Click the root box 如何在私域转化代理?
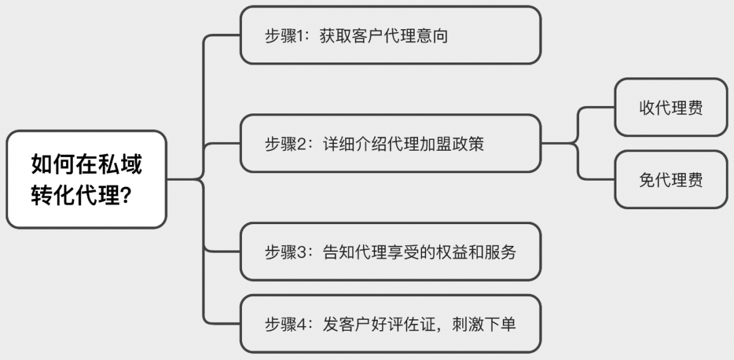click(86, 179)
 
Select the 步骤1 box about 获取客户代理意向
click(390, 35)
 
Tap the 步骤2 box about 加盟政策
click(390, 143)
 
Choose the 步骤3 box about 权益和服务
click(390, 251)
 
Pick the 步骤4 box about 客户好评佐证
click(390, 323)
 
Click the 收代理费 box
click(670, 107)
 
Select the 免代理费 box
click(670, 179)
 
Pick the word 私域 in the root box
click(126, 164)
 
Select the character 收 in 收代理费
click(646, 107)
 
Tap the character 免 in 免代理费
click(646, 179)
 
